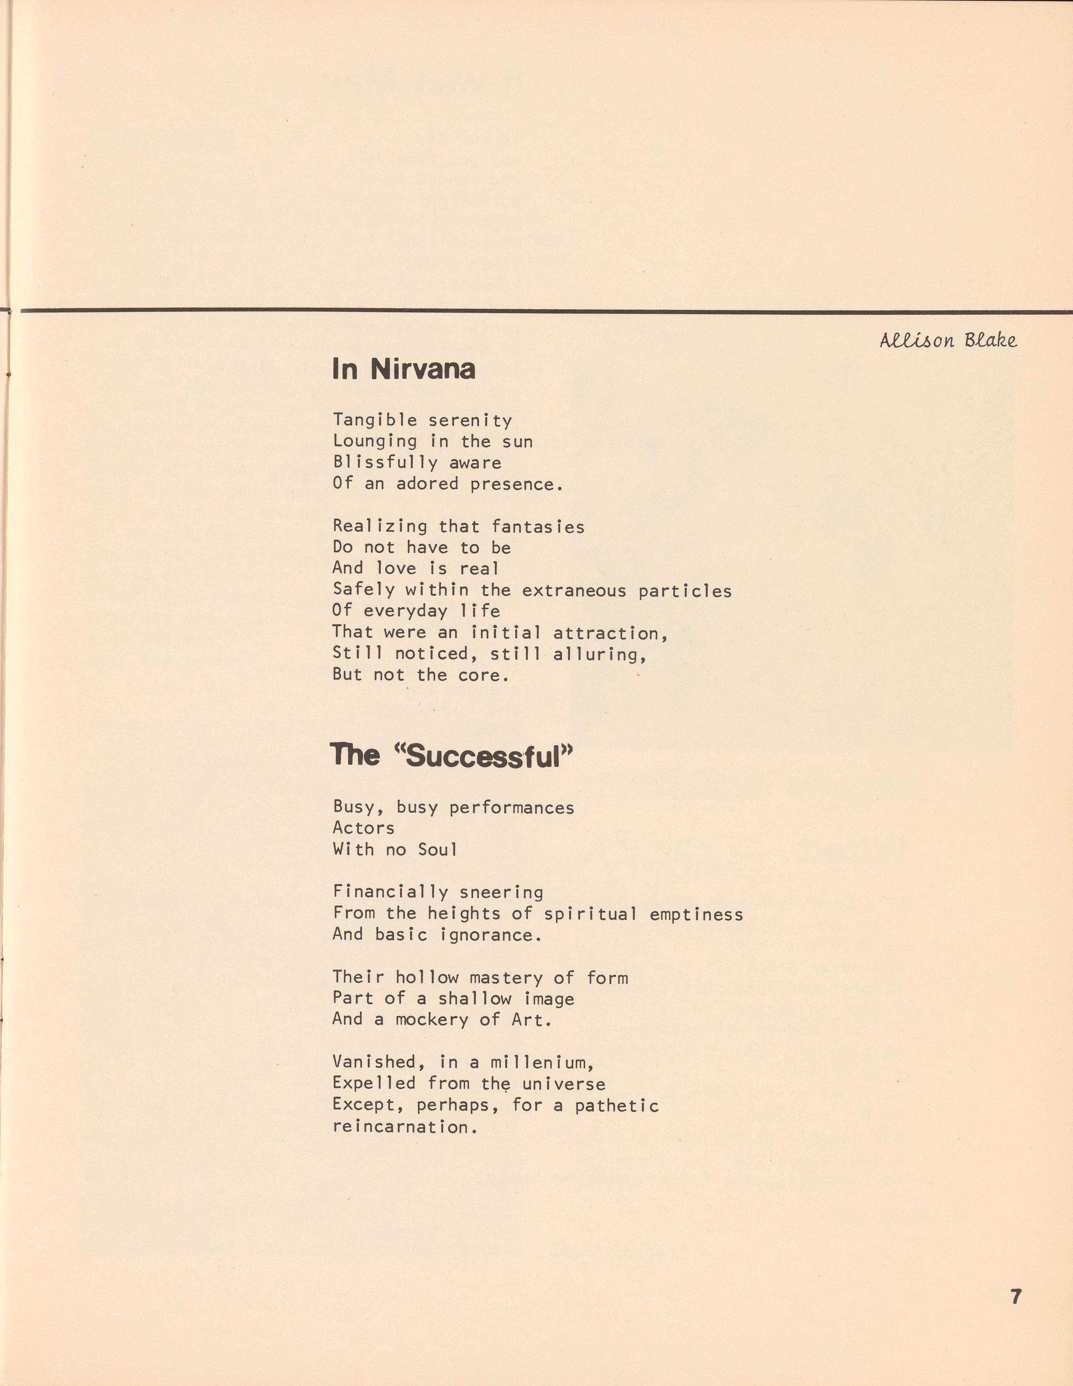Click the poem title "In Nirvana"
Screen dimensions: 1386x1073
[403, 369]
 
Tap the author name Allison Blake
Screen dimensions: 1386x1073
[948, 341]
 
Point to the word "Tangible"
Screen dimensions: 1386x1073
[375, 420]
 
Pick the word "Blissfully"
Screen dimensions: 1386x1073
[385, 463]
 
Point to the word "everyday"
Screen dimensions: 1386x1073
[406, 611]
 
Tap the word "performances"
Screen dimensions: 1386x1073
[511, 808]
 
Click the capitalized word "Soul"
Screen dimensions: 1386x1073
[438, 849]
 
